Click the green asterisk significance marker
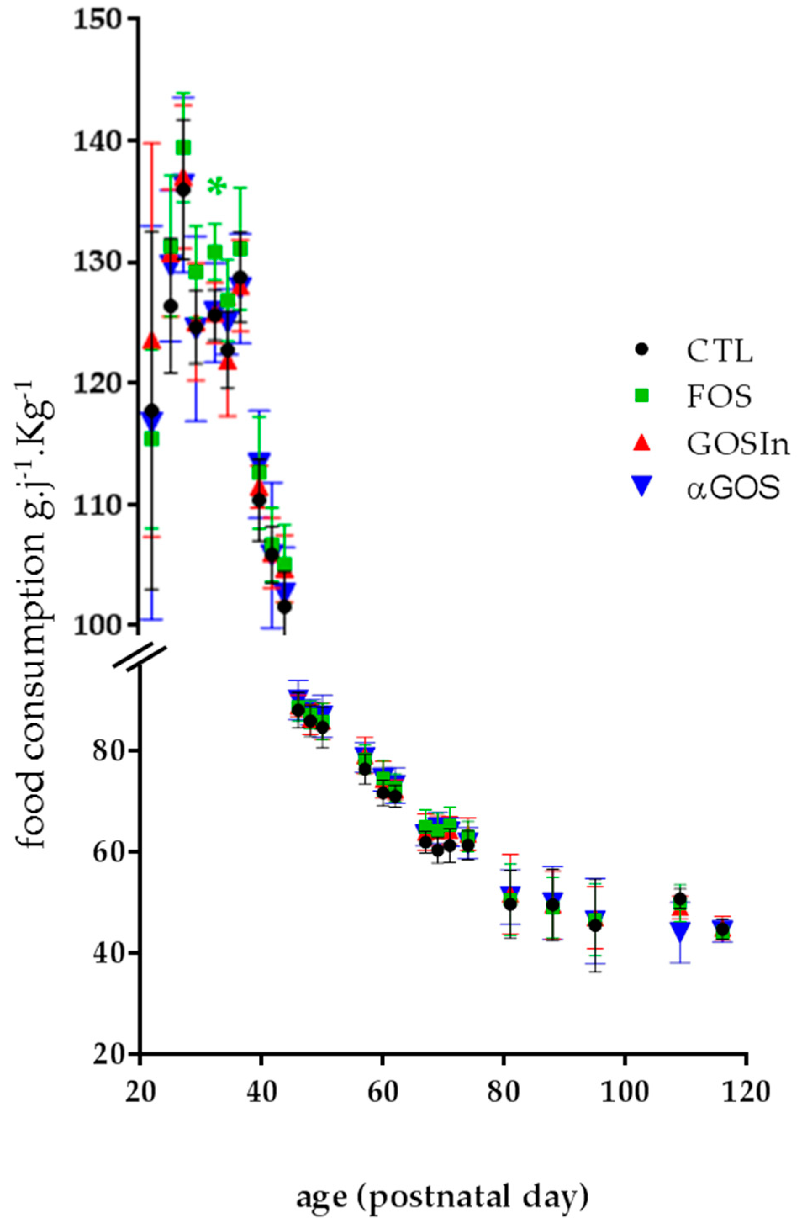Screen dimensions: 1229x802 click(217, 186)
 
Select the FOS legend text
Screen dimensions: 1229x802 click(718, 396)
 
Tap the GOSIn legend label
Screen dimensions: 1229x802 click(738, 442)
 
